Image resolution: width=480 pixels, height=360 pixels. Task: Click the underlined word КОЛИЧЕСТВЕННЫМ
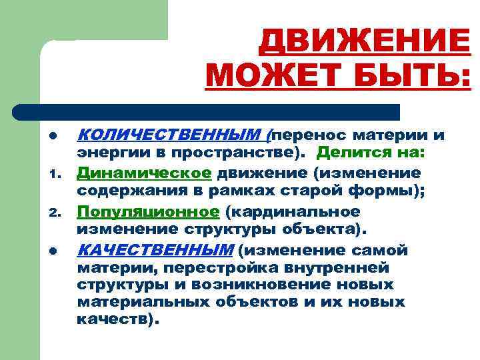click(x=170, y=135)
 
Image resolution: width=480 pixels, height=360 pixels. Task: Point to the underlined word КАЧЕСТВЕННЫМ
click(x=155, y=250)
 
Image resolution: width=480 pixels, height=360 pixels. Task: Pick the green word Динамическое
click(x=144, y=173)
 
